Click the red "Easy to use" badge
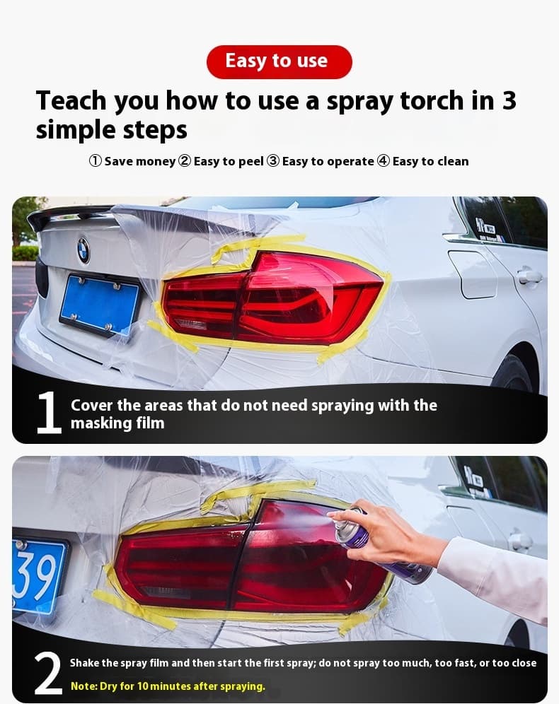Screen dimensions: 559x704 click(x=279, y=62)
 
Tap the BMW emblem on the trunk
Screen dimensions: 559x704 click(x=83, y=250)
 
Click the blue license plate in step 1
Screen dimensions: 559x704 click(x=99, y=305)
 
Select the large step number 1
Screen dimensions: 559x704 click(x=49, y=413)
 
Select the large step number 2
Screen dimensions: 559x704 click(x=48, y=673)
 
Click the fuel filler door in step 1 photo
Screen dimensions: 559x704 click(x=473, y=274)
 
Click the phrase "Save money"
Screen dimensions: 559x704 click(x=140, y=161)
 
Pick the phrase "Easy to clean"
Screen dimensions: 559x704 click(x=430, y=161)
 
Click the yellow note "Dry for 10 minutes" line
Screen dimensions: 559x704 click(x=168, y=686)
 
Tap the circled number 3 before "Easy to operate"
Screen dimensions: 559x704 click(x=272, y=160)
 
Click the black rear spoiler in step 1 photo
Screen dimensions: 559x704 click(x=67, y=215)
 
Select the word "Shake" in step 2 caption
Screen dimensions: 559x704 click(x=84, y=663)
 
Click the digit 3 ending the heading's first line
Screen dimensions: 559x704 click(x=509, y=100)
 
